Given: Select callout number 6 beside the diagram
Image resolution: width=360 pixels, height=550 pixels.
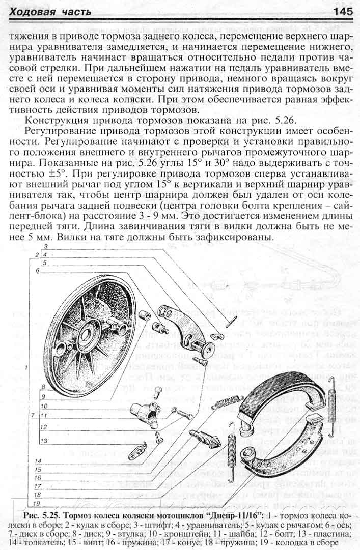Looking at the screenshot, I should click(x=37, y=271).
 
